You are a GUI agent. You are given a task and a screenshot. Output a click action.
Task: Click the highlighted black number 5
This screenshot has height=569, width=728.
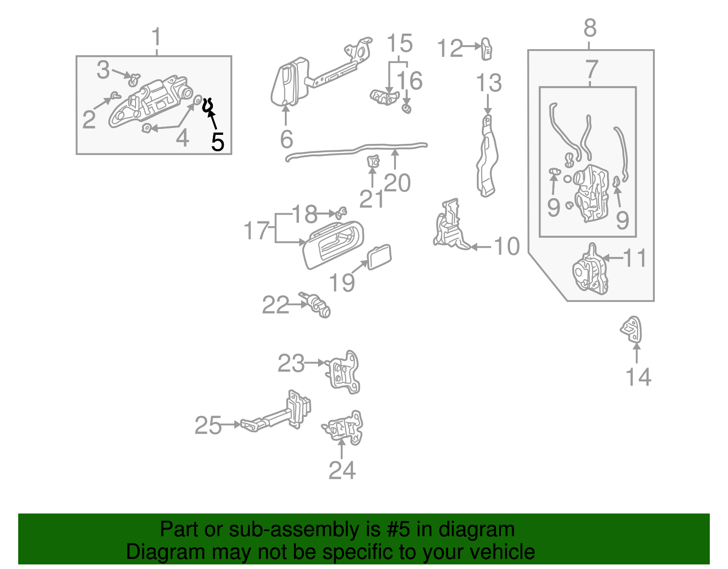point(218,142)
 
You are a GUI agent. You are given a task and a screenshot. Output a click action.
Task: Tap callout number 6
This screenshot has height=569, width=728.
point(286,139)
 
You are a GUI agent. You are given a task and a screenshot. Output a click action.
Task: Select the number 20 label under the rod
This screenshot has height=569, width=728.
point(397,183)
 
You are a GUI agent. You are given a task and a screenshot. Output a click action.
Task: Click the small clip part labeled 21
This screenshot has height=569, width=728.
point(373,161)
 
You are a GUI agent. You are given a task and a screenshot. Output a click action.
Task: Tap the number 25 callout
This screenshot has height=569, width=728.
point(208,425)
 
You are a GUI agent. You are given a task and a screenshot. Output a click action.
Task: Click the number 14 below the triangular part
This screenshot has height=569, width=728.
point(638,377)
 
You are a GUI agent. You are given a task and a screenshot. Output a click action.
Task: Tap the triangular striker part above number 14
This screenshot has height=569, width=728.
point(632,329)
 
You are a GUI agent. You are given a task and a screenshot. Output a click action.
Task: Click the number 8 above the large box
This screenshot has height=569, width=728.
point(590,28)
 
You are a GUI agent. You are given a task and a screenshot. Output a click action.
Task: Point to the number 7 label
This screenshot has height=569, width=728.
point(591,70)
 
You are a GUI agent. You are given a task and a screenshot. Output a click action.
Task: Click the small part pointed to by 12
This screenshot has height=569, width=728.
point(486,49)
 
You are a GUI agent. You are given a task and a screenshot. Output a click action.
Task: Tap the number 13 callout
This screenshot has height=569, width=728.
point(489,83)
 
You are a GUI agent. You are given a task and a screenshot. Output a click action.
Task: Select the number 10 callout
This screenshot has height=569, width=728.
point(506,246)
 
